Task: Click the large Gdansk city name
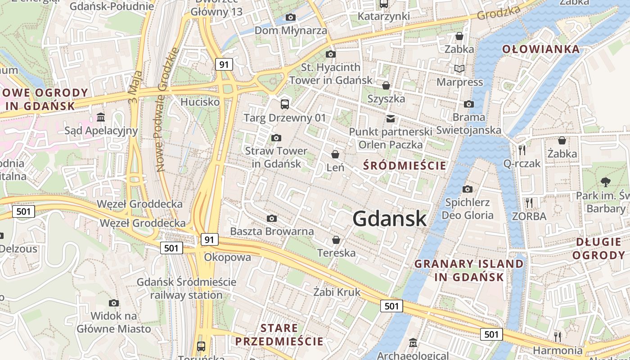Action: tap(389, 219)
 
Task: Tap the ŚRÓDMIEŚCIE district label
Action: tap(405, 166)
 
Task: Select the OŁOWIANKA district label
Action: tap(541, 49)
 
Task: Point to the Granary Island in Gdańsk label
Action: tap(469, 270)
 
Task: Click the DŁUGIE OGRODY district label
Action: tap(600, 248)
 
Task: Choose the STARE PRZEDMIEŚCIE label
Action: tap(279, 334)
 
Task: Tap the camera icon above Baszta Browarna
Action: tap(271, 218)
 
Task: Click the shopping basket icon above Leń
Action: tap(335, 154)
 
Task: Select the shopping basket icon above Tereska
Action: tap(336, 240)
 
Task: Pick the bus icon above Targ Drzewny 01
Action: tap(284, 104)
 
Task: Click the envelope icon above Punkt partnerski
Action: tap(390, 118)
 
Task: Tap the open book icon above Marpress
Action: tap(459, 69)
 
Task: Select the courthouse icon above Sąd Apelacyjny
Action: tap(101, 117)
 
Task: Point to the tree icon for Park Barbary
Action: tap(605, 182)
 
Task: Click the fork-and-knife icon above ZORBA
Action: tap(529, 203)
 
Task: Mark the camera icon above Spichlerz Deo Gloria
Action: tap(468, 189)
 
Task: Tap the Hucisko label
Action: tap(200, 102)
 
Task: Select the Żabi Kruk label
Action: tap(337, 292)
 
